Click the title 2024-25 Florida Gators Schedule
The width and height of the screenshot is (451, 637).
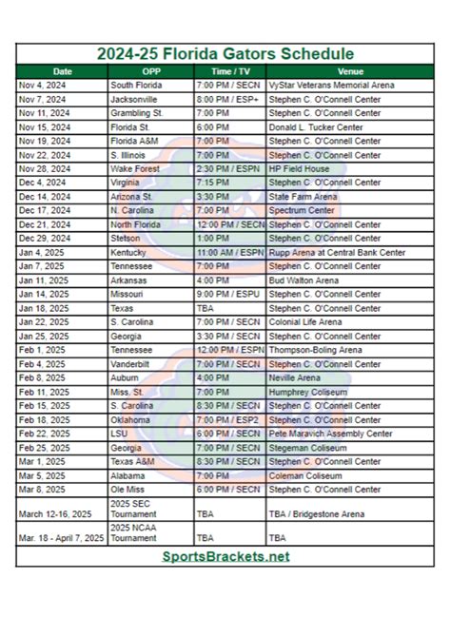coord(225,53)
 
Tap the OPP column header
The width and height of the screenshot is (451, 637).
coord(151,71)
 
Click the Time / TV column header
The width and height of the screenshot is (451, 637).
coord(229,71)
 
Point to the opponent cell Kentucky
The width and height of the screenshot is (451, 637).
coord(127,253)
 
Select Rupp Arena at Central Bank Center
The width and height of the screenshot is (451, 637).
coord(338,253)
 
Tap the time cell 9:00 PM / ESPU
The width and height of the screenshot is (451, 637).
coord(227,295)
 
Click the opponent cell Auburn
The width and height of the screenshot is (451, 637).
coord(125,377)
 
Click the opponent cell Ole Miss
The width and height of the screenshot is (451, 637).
coord(128,489)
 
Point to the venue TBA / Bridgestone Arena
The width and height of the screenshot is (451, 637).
coord(319,513)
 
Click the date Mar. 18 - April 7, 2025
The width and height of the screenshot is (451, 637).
coord(61,537)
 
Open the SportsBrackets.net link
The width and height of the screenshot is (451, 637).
coord(225,556)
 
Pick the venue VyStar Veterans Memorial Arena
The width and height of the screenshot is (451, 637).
coord(333,86)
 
